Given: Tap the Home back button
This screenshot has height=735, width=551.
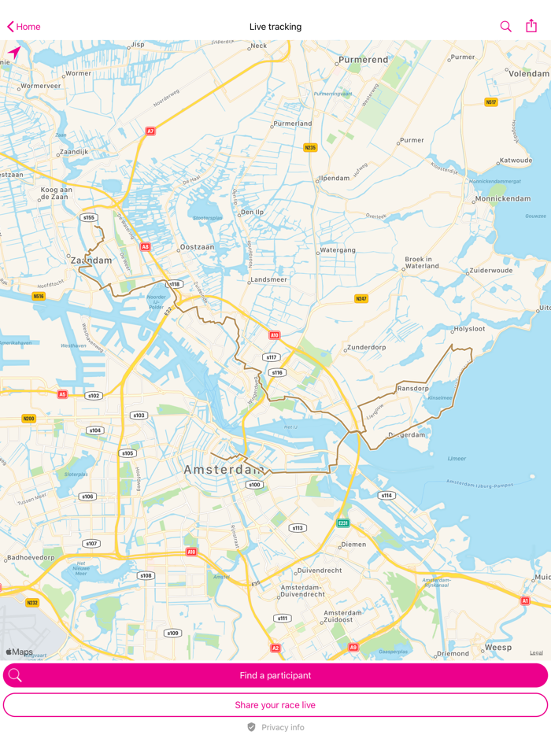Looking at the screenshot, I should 24,27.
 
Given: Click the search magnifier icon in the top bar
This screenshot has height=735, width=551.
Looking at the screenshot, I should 505,27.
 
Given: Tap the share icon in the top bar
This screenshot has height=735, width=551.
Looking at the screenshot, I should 531,26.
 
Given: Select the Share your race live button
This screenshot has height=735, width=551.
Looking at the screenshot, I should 275,704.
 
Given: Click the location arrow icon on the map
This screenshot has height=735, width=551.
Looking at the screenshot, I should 14,53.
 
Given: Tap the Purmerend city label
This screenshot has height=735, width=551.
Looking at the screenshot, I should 364,59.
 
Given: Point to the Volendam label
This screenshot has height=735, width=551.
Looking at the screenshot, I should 529,73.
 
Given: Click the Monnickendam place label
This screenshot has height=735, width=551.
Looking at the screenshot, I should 503,198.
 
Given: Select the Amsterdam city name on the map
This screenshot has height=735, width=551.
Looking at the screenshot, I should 224,470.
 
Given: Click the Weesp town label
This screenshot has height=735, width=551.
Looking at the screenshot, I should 497,647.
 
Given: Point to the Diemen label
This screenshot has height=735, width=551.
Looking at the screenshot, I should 353,544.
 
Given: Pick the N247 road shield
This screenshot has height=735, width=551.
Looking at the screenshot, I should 361,298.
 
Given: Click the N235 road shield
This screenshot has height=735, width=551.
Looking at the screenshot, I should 310,147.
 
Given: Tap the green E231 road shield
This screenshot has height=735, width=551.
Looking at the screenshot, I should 343,523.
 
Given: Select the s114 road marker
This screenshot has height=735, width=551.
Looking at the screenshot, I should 386,495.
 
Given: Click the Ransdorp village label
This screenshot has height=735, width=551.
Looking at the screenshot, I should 413,388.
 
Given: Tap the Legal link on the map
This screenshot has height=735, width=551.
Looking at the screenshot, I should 536,652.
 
